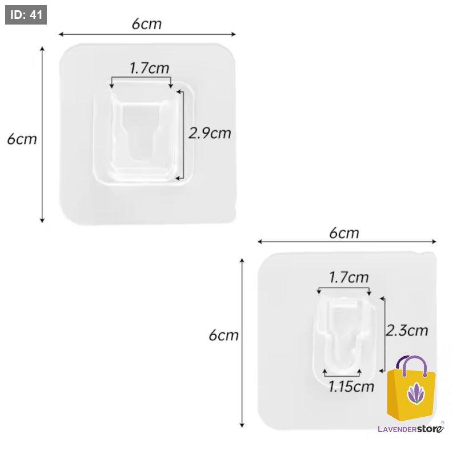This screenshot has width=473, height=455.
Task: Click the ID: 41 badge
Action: coord(26,15)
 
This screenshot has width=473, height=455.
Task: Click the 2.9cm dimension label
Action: coord(210,133)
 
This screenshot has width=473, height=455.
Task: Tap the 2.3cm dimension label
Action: coord(407,330)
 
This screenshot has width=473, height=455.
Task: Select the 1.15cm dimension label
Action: coord(351,386)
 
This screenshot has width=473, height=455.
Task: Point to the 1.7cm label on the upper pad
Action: coord(149,69)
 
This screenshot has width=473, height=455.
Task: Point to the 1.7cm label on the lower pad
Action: coord(348,278)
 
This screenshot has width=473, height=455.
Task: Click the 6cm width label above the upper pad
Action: coord(146,24)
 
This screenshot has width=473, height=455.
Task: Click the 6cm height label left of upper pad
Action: coord(22,139)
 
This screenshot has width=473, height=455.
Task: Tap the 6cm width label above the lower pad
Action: coord(344,233)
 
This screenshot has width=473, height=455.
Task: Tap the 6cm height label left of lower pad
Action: coord(223,335)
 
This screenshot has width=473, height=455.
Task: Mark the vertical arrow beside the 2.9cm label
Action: coord(183,134)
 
